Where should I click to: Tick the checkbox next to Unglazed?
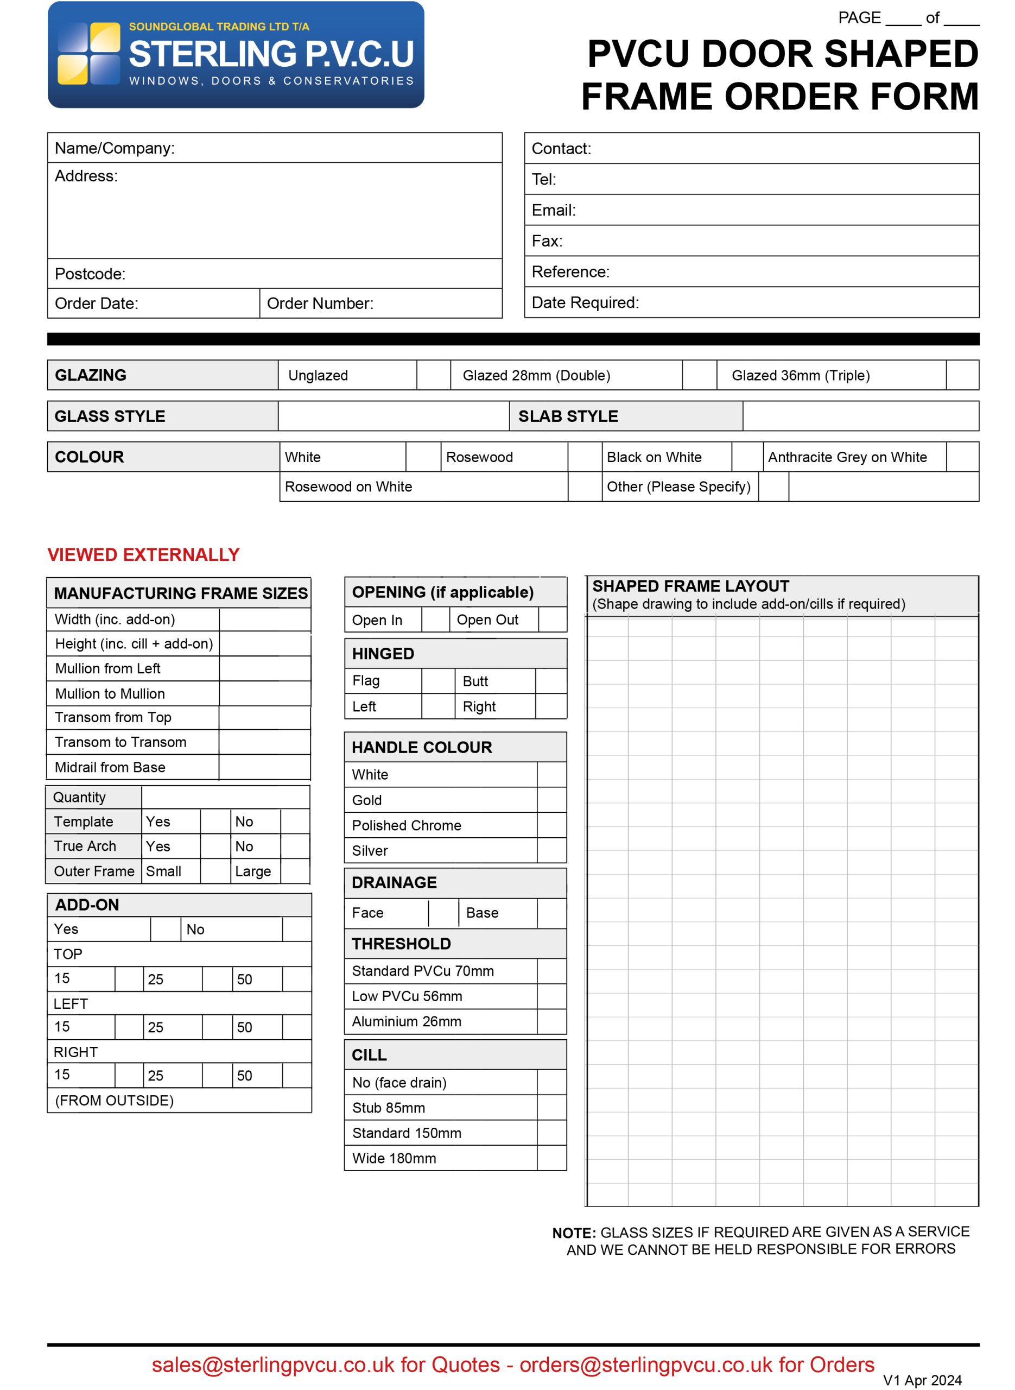click(x=433, y=375)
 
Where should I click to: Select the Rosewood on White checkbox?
click(x=584, y=486)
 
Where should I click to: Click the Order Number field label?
click(x=320, y=304)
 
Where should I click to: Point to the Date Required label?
click(x=585, y=302)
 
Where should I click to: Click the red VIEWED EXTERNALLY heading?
click(x=143, y=555)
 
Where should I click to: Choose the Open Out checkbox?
click(x=552, y=620)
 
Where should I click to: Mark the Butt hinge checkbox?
click(x=550, y=681)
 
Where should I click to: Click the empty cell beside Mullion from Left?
click(x=265, y=668)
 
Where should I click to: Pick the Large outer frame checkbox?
click(x=294, y=871)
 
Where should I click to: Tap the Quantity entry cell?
click(x=225, y=797)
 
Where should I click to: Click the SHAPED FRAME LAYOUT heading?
click(x=690, y=586)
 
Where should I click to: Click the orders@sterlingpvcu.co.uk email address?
click(x=646, y=1364)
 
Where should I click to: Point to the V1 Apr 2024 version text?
click(x=922, y=1380)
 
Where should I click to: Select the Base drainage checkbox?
click(x=551, y=913)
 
